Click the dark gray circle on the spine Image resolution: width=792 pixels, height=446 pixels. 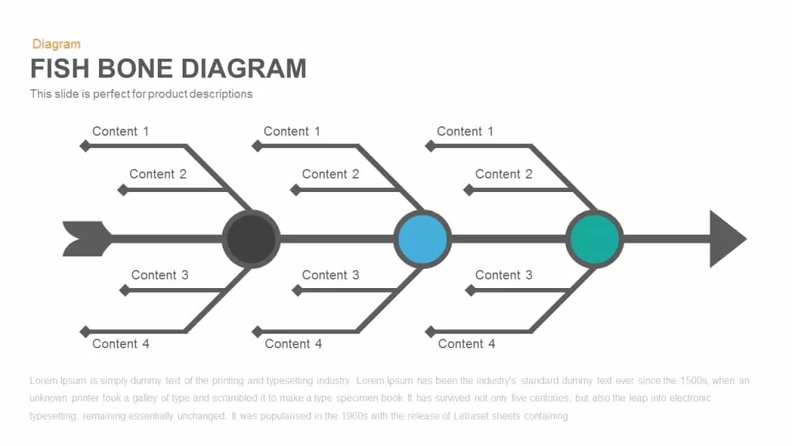tap(251, 238)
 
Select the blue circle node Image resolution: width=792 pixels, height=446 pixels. tap(423, 238)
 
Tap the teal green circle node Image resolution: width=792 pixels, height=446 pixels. tap(595, 238)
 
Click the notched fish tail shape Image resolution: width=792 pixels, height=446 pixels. tap(87, 238)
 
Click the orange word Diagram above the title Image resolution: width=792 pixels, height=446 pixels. tap(56, 44)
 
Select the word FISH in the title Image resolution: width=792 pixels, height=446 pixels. tap(60, 69)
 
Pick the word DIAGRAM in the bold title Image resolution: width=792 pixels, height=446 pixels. tap(244, 69)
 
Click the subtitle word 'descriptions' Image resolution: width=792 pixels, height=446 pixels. tap(220, 94)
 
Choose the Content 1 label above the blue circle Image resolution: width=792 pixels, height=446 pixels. tap(292, 132)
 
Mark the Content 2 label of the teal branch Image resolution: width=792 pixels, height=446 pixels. tap(504, 174)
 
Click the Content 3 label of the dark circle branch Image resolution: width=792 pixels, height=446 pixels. tap(159, 275)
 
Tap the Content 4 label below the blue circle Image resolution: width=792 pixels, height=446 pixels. tap(293, 344)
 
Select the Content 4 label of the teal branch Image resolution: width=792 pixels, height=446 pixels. tap(466, 344)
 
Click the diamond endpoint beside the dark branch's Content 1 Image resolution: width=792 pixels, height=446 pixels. tap(85, 146)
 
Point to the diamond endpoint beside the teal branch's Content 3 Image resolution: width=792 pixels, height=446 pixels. tap(470, 290)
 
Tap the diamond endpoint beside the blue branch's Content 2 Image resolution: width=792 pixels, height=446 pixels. tap(295, 190)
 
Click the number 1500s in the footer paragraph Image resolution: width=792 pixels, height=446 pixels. tap(694, 381)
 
